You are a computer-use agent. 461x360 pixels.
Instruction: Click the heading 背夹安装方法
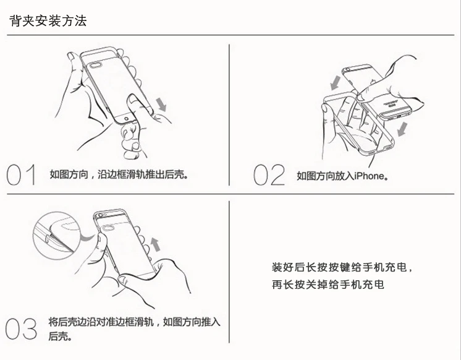pyautogui.click(x=48, y=20)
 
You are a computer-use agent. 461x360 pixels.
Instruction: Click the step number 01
pyautogui.click(x=21, y=175)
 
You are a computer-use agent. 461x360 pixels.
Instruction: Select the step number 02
pyautogui.click(x=269, y=175)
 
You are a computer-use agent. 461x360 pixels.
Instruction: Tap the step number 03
pyautogui.click(x=21, y=328)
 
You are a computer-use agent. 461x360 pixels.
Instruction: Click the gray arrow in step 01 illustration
pyautogui.click(x=161, y=105)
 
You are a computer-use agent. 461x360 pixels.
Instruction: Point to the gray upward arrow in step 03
pyautogui.click(x=156, y=244)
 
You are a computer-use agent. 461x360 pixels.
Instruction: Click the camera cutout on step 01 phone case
pyautogui.click(x=96, y=65)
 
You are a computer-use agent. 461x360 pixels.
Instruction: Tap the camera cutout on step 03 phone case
pyautogui.click(x=108, y=227)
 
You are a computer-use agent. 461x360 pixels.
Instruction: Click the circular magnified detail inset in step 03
pyautogui.click(x=56, y=236)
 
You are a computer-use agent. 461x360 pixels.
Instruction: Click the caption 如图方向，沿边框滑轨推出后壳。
pyautogui.click(x=119, y=174)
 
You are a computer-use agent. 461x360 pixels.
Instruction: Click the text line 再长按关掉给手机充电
pyautogui.click(x=328, y=285)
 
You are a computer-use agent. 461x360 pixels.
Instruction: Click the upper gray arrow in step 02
pyautogui.click(x=335, y=83)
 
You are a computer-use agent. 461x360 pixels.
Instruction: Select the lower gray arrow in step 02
pyautogui.click(x=402, y=129)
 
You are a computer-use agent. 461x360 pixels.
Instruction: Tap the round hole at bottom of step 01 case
pyautogui.click(x=127, y=118)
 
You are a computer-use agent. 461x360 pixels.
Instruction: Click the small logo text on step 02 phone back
pyautogui.click(x=391, y=103)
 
